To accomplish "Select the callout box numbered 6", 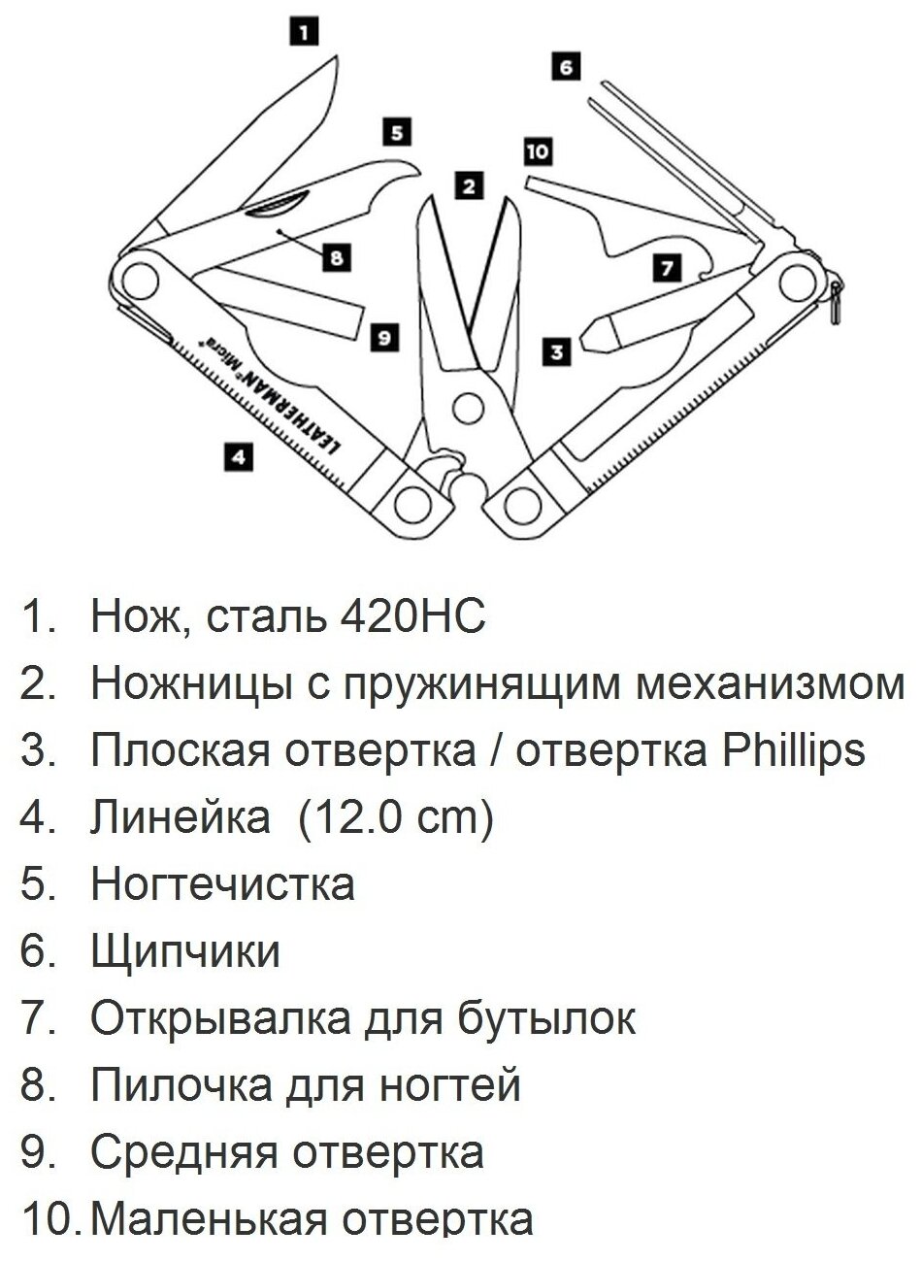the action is point(566,67).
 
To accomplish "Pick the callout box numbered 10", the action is point(537,151).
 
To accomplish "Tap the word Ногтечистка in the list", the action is point(222,884).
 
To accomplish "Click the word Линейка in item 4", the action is point(181,817).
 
